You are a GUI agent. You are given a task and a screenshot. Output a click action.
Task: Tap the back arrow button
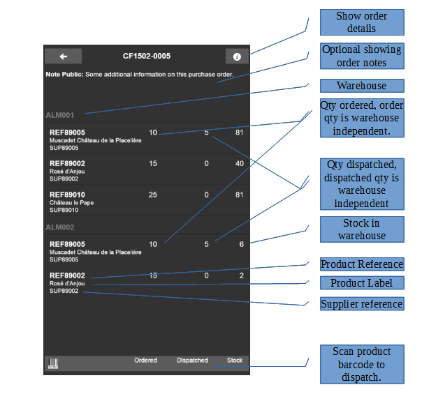pyautogui.click(x=64, y=56)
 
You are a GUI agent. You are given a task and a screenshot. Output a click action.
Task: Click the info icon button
pyautogui.click(x=237, y=56)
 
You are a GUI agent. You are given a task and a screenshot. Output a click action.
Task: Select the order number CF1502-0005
pyautogui.click(x=147, y=56)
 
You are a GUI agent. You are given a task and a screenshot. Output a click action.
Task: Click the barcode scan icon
pyautogui.click(x=53, y=363)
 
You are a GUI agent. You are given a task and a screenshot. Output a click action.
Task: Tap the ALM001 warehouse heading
pyautogui.click(x=60, y=115)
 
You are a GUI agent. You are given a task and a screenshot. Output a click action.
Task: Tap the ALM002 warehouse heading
pyautogui.click(x=60, y=227)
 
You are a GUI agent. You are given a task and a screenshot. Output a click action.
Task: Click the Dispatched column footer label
pyautogui.click(x=192, y=360)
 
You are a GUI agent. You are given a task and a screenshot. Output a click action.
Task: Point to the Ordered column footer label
pyautogui.click(x=145, y=360)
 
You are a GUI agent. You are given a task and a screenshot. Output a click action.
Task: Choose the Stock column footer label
pyautogui.click(x=235, y=360)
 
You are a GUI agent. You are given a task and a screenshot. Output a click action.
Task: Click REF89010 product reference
pyautogui.click(x=67, y=195)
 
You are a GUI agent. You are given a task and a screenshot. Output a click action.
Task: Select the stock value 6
pyautogui.click(x=242, y=244)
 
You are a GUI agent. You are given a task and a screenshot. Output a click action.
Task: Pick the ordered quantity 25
pyautogui.click(x=153, y=195)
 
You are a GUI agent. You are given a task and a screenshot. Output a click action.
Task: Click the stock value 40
pyautogui.click(x=240, y=163)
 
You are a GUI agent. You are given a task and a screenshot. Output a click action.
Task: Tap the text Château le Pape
pyautogui.click(x=71, y=203)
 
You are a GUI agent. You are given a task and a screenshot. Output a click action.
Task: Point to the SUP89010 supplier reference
pyautogui.click(x=64, y=210)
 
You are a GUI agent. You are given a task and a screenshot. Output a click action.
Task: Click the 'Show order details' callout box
pyautogui.click(x=362, y=22)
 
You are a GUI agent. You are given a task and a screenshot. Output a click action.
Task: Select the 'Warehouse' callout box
pyautogui.click(x=362, y=86)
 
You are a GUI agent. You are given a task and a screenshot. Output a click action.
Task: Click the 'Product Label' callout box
pyautogui.click(x=362, y=283)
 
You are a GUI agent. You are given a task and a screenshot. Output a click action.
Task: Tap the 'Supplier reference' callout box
pyautogui.click(x=362, y=304)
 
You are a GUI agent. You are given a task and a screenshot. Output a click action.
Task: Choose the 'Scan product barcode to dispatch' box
pyautogui.click(x=362, y=365)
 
